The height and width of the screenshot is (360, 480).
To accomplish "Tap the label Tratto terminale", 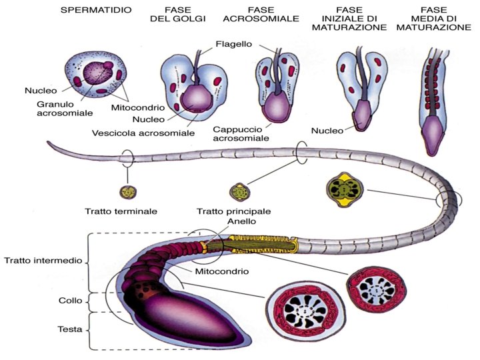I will (x=121, y=211).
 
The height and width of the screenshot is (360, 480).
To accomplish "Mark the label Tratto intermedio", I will (x=42, y=260).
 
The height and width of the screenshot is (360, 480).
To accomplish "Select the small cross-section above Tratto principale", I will (x=237, y=192).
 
